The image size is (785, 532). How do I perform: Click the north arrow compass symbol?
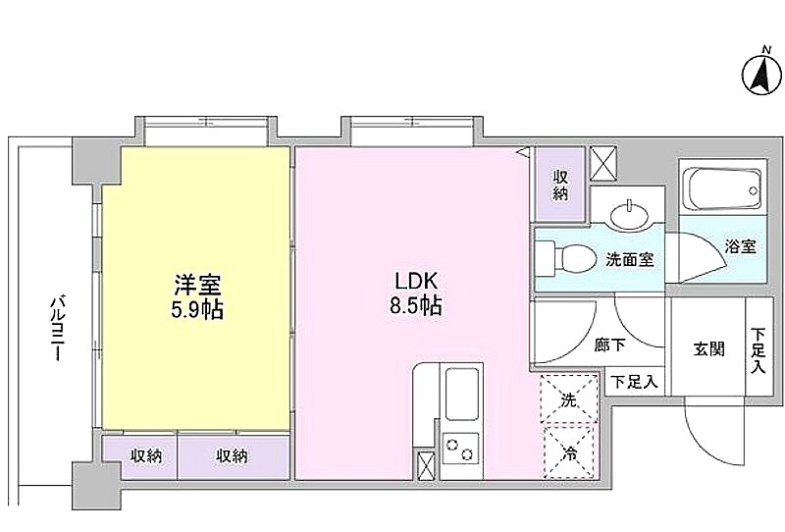point(761,76)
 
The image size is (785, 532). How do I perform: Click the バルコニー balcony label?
point(58,328)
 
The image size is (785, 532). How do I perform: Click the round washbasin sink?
point(629,214)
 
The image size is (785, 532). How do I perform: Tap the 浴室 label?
point(741,246)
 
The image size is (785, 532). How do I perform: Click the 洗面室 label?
point(630,259)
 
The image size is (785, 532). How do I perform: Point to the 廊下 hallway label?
point(609,345)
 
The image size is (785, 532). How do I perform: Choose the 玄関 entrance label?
point(708,348)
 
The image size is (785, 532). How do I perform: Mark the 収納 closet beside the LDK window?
point(560,185)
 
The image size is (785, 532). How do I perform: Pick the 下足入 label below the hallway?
point(634,383)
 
